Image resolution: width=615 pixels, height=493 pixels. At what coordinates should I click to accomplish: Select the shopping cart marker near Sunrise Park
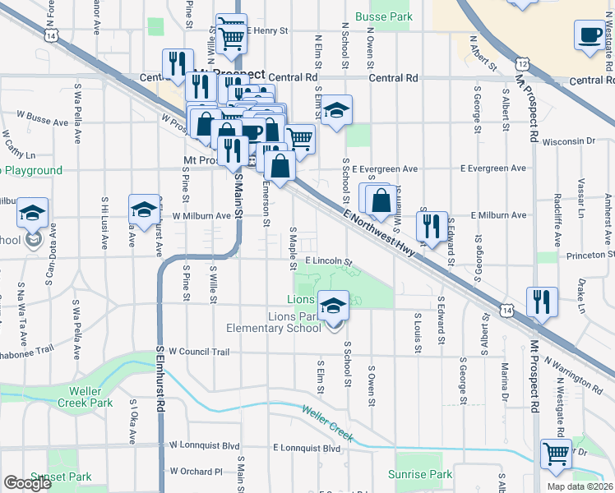point(557,452)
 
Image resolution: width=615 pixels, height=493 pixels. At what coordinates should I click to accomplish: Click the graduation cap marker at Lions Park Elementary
point(333,306)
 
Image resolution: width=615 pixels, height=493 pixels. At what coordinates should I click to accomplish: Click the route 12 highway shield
point(522,63)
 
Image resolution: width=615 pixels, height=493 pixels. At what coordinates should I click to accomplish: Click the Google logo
point(27,483)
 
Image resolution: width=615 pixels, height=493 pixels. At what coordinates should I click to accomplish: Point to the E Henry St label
point(269,31)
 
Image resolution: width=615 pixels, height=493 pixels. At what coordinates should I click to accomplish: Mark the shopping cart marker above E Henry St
point(232,34)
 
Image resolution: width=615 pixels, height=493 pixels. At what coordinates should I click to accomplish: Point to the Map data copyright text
point(580,486)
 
